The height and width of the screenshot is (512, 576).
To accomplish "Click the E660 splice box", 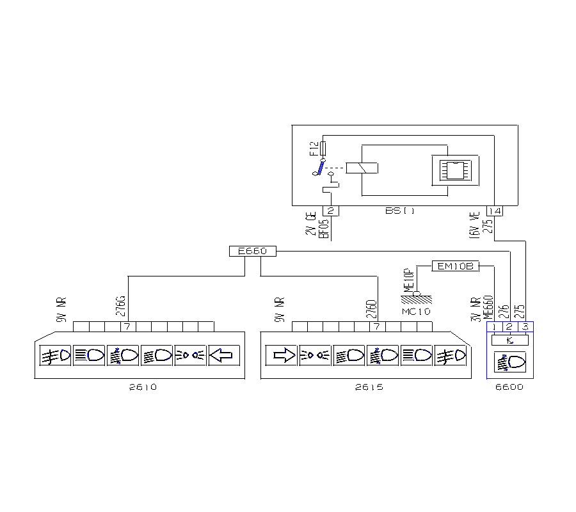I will click(x=252, y=252).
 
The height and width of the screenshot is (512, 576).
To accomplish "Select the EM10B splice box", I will click(x=455, y=266).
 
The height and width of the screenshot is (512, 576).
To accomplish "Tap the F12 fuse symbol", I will click(x=323, y=149).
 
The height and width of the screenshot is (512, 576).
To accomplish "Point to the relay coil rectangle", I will click(x=362, y=168).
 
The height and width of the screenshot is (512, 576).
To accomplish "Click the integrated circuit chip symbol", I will click(x=454, y=170).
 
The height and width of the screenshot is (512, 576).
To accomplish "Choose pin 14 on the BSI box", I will click(x=495, y=211).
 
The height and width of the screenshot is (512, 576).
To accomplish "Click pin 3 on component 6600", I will click(x=525, y=327).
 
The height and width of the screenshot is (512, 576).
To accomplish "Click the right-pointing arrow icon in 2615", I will click(x=284, y=355).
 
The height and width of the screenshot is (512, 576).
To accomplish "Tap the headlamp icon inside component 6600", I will click(x=509, y=362).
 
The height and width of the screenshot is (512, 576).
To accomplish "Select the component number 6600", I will click(x=509, y=387).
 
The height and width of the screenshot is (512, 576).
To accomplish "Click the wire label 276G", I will click(x=120, y=308).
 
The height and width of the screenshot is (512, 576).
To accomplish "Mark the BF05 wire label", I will click(x=324, y=229).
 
